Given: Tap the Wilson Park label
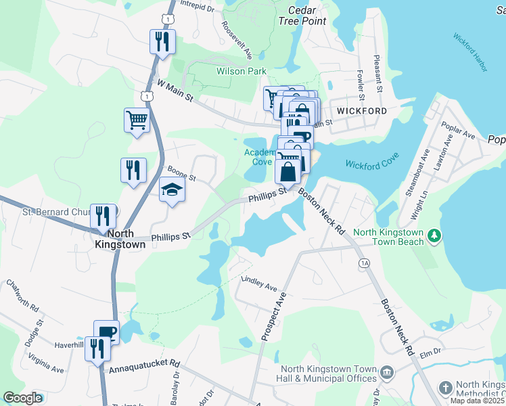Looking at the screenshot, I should (x=241, y=71).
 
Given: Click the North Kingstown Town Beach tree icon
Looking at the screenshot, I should (x=434, y=235).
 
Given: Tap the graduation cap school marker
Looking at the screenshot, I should (x=172, y=190).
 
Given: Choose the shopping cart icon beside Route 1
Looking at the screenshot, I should (x=137, y=120).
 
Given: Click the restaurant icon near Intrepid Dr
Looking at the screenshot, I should (x=162, y=41).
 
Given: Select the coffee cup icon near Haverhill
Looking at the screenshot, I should (x=106, y=332).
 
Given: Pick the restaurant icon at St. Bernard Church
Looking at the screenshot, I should (x=103, y=216).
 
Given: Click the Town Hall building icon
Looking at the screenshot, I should (x=386, y=371).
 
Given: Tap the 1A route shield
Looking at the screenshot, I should (x=365, y=263).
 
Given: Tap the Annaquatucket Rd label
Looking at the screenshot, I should (x=143, y=371).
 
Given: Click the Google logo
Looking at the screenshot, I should (x=22, y=398).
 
